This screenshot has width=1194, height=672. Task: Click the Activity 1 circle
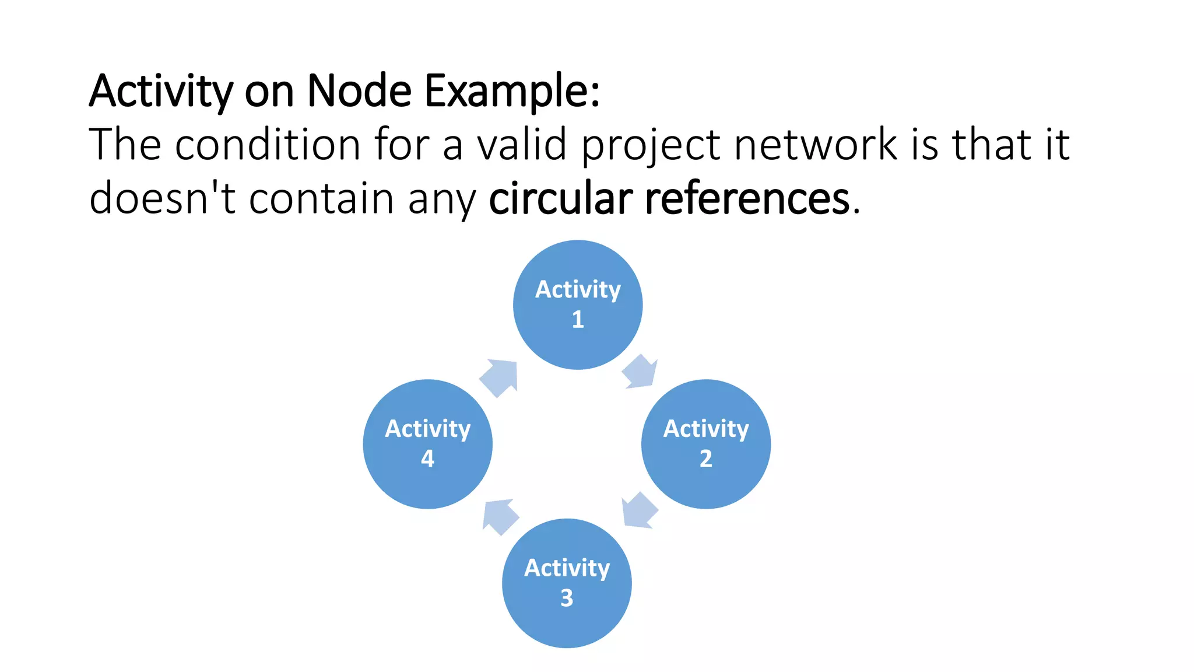pos(578,304)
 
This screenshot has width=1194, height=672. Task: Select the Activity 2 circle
pos(705,444)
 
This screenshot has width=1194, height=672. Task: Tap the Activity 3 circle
pos(567,583)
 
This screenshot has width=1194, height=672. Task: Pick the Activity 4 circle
pos(427,444)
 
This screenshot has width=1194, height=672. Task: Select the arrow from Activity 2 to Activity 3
pos(639,510)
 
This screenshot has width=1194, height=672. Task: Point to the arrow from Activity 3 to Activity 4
pos(500,516)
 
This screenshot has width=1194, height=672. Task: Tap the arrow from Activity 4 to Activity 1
pos(500,377)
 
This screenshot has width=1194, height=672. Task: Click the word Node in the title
pos(359,91)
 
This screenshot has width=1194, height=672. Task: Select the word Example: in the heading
pos(512,92)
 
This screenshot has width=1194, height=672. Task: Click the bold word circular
pos(560,198)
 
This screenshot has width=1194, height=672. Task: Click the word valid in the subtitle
pos(522,144)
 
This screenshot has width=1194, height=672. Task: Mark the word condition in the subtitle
pos(268,144)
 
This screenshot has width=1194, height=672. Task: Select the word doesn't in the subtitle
pos(162,198)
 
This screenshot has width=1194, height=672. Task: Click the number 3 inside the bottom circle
pos(567,598)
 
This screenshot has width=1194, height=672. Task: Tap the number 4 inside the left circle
pos(427,459)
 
